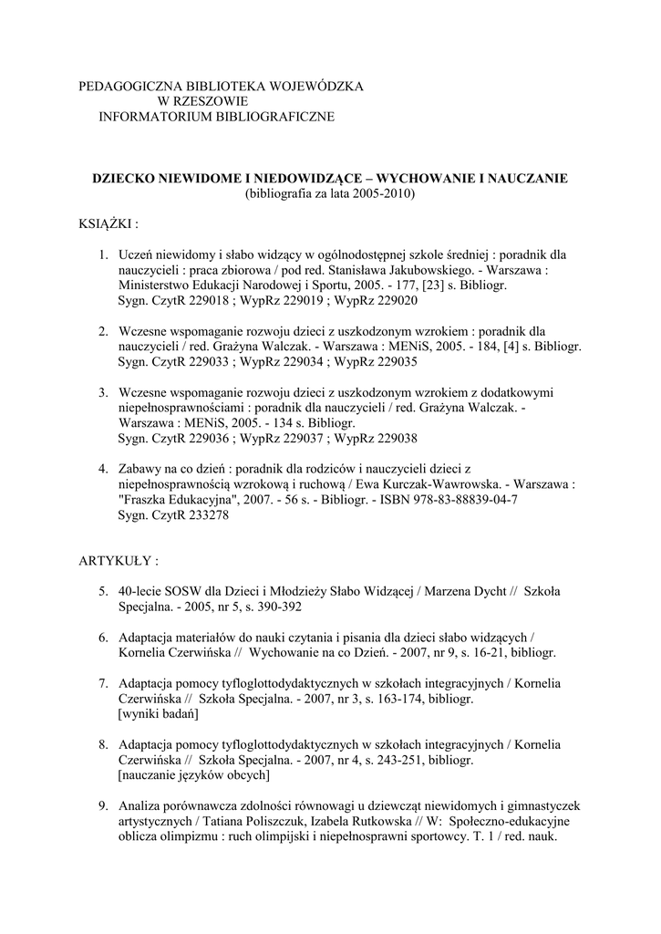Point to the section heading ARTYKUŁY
pos(119,559)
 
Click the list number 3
pos(103,392)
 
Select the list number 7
pos(103,682)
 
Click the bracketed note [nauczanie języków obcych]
pos(193,775)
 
